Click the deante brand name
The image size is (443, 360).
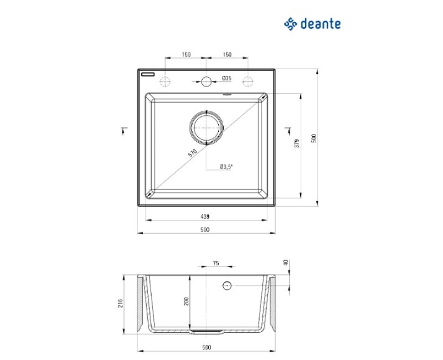pyautogui.click(x=320, y=24)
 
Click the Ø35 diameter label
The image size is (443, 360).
pyautogui.click(x=226, y=78)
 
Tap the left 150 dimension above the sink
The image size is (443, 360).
pyautogui.click(x=186, y=54)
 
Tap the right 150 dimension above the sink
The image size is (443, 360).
pyautogui.click(x=227, y=54)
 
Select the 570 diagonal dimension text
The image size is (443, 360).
pyautogui.click(x=192, y=155)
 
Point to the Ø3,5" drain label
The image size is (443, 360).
pyautogui.click(x=226, y=166)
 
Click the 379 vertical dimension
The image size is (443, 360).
pyautogui.click(x=297, y=143)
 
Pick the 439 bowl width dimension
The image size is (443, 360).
pyautogui.click(x=205, y=217)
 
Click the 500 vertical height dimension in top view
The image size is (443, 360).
pyautogui.click(x=314, y=138)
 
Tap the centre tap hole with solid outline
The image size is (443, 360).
pyautogui.click(x=207, y=82)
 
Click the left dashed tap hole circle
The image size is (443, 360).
pyautogui.click(x=165, y=82)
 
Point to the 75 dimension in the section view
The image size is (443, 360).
pyautogui.click(x=216, y=264)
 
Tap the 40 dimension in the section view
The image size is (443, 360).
pyautogui.click(x=286, y=263)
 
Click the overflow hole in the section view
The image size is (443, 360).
pyautogui.click(x=226, y=286)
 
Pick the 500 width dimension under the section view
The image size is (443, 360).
pyautogui.click(x=205, y=347)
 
